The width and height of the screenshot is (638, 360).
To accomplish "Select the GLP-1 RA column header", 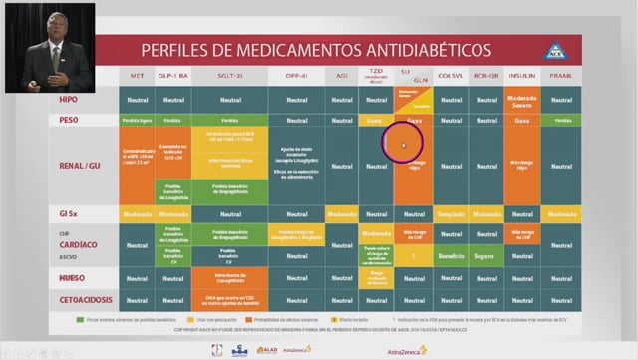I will [x=173, y=77].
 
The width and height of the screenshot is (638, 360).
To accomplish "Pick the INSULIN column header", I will [x=521, y=77].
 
